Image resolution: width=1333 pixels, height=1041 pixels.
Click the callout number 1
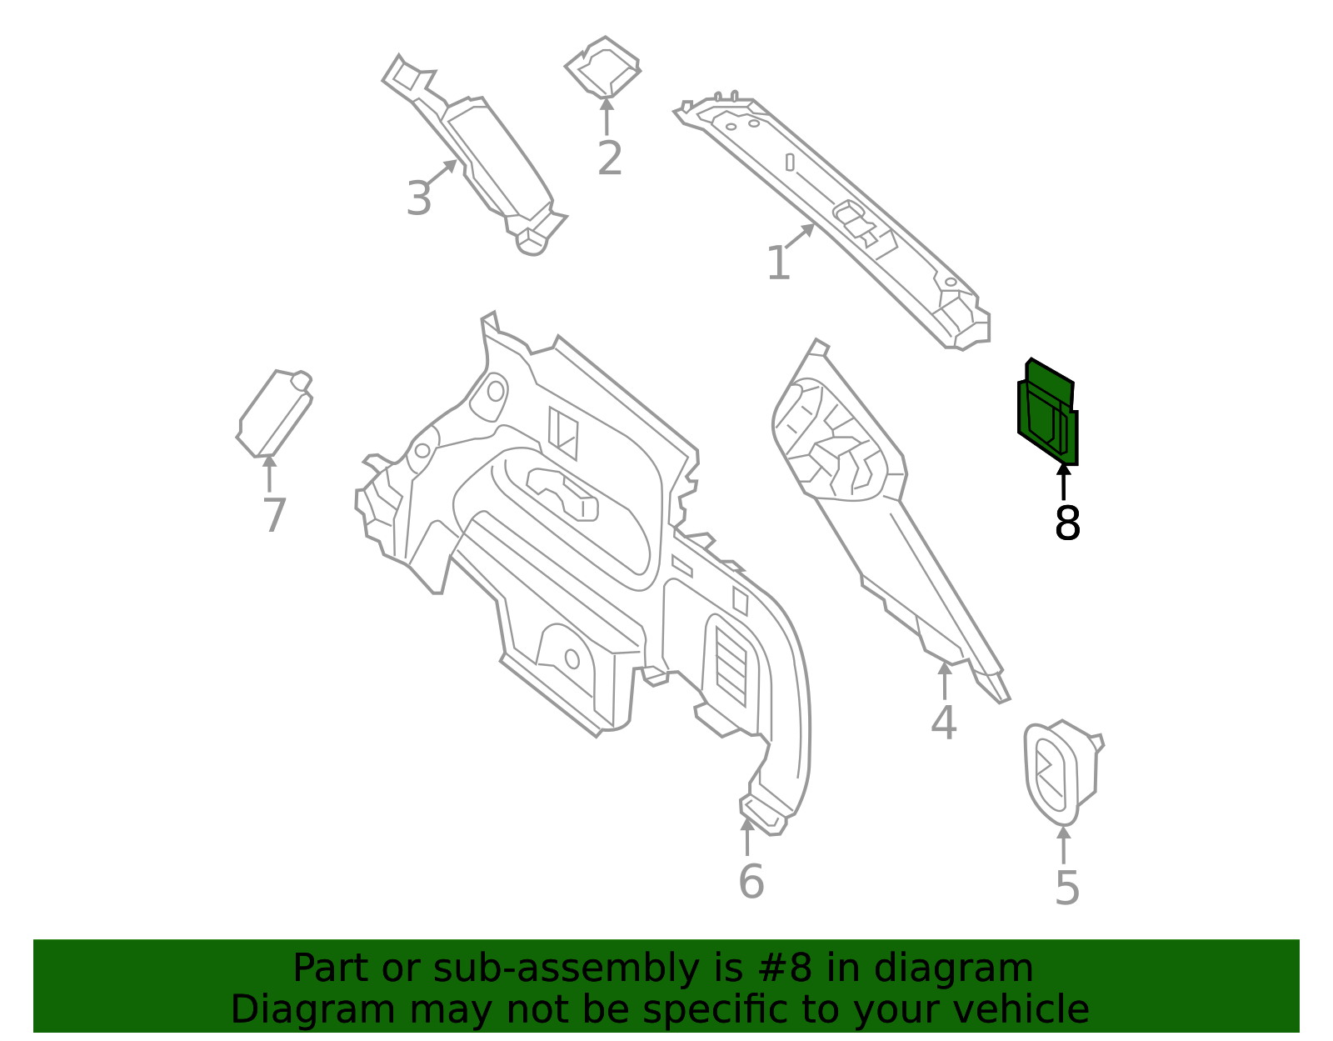(x=778, y=263)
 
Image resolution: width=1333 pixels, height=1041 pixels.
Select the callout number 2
(x=610, y=158)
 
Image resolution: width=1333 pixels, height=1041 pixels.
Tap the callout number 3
(x=419, y=198)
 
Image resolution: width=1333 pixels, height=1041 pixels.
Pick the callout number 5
(x=1066, y=888)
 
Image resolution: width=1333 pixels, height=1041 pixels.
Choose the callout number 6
(x=751, y=881)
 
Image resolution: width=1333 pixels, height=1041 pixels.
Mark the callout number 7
(x=274, y=515)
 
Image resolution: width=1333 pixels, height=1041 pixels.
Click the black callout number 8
(x=1067, y=523)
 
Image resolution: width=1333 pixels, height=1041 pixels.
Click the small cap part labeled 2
(x=603, y=67)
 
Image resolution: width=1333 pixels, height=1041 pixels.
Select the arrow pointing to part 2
(x=606, y=116)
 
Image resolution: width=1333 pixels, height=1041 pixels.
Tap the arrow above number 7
(x=269, y=473)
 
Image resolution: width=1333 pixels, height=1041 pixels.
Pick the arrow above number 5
(x=1064, y=844)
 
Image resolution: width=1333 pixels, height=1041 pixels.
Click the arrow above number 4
(x=945, y=680)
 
